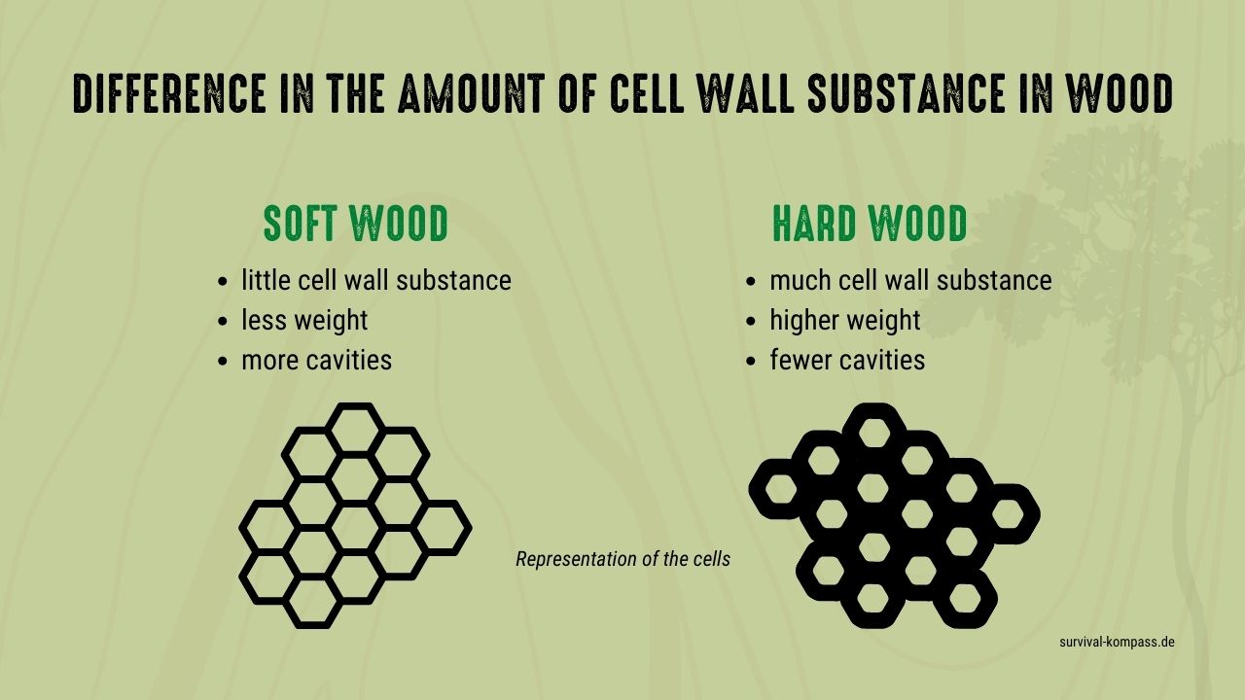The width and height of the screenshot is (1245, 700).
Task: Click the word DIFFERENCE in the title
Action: pos(170,93)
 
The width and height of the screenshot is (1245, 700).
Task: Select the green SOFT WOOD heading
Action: pos(356,224)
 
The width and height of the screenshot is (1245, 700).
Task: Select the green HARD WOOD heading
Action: pos(870,224)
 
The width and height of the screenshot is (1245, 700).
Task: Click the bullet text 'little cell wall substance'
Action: pos(376,280)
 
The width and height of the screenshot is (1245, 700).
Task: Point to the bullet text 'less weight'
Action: pos(304,321)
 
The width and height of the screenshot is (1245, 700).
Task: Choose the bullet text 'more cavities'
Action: pos(317,360)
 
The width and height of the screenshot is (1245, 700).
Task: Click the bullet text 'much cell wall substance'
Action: pos(910,280)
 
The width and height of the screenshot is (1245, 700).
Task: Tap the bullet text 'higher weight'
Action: pos(845,321)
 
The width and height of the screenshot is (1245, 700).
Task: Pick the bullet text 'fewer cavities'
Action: pos(847,360)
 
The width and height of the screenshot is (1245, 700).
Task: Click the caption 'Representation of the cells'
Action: pos(623,559)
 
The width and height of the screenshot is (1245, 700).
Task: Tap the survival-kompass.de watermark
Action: pos(1118,643)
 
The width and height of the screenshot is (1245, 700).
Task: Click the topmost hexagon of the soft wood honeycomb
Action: pos(356,406)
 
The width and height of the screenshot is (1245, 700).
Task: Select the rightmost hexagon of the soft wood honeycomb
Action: pos(467,528)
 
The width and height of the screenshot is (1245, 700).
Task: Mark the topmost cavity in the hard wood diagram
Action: pos(874,434)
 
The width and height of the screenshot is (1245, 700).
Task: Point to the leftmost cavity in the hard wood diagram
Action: pos(781,489)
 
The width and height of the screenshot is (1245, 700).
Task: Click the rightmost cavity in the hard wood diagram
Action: pos(1008,514)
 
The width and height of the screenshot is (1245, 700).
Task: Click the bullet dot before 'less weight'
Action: pos(223,321)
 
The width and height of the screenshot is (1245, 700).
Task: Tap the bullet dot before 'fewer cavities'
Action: pos(751,361)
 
